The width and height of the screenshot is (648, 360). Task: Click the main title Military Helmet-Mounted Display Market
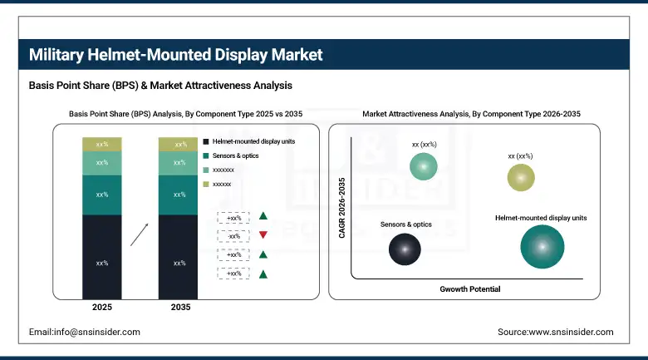(x=175, y=56)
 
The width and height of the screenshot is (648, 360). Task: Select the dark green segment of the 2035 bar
(x=179, y=195)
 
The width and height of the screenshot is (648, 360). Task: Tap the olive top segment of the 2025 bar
(x=102, y=145)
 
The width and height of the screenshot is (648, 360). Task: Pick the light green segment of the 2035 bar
(x=179, y=163)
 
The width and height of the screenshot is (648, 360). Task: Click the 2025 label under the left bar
(x=102, y=308)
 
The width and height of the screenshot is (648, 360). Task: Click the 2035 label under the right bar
(x=179, y=308)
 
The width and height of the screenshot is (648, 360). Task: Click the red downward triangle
(x=263, y=235)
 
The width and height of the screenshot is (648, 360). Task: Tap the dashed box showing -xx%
(x=233, y=235)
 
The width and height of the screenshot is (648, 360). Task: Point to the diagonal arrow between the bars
(x=140, y=234)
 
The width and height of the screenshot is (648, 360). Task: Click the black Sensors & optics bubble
(x=405, y=249)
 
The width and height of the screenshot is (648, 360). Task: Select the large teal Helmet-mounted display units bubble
(x=542, y=247)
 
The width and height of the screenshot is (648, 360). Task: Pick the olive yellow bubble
(x=521, y=177)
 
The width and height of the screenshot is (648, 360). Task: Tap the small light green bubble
(x=425, y=166)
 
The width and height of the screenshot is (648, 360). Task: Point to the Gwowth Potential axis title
(x=469, y=288)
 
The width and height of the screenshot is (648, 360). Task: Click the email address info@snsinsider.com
(x=84, y=332)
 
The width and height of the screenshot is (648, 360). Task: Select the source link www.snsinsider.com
(x=555, y=332)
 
